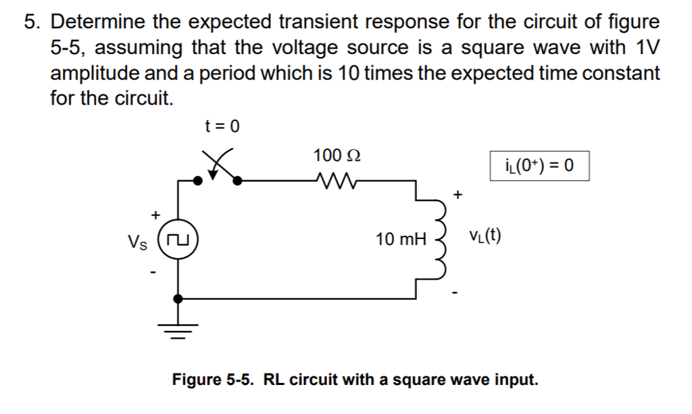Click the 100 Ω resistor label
pyautogui.click(x=335, y=155)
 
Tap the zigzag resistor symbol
pyautogui.click(x=335, y=180)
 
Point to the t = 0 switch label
pyautogui.click(x=222, y=126)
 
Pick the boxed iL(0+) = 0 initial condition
pyautogui.click(x=539, y=165)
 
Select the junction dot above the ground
pyautogui.click(x=178, y=297)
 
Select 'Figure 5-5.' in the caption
pyautogui.click(x=212, y=379)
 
